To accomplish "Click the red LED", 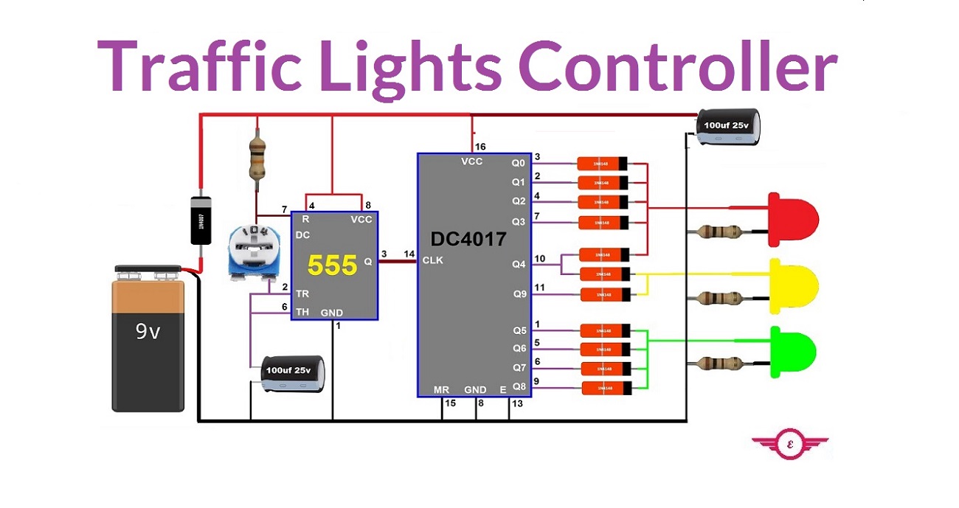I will point(793,215).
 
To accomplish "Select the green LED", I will point(793,352).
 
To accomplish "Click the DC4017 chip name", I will point(468,239).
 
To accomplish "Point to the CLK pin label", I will point(432,260).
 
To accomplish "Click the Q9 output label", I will point(520,294).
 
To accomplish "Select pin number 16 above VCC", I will point(480,147).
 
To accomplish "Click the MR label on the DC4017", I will point(442,389).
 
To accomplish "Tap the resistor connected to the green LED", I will point(722,363).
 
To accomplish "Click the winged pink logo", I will point(790,445).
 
